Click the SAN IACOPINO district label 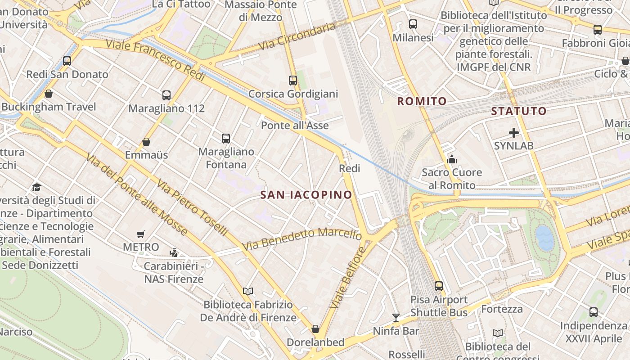point(306,195)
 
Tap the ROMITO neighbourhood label point(422,101)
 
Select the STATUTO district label point(519,111)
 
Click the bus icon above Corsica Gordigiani point(293,81)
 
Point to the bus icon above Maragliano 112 point(166,95)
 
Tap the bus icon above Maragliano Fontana point(226,139)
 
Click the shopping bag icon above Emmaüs point(146,142)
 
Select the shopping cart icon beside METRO point(141,234)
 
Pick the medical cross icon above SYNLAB point(513,133)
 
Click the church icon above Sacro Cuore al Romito point(452,159)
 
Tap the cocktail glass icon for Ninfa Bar point(396,318)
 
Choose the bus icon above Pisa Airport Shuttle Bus point(439,286)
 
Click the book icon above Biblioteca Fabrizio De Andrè point(248,291)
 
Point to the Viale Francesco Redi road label point(156,60)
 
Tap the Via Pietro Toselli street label point(193,207)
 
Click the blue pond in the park point(544,237)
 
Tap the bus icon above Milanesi point(413,24)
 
